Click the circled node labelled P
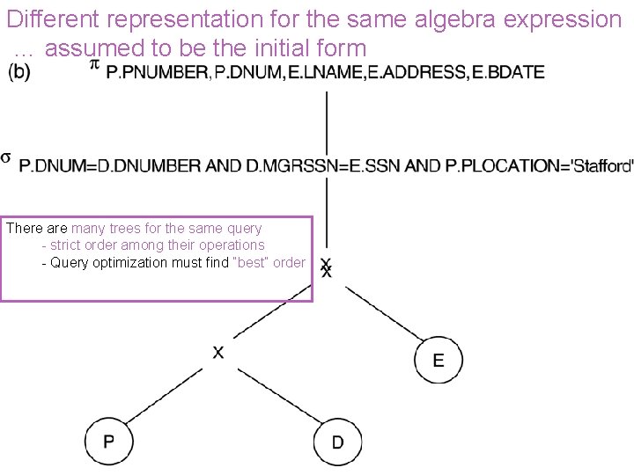(x=109, y=441)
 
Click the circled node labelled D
(x=337, y=441)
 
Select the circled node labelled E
(x=438, y=360)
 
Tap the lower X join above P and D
(x=218, y=352)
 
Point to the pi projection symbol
(x=95, y=65)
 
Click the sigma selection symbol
(x=6, y=157)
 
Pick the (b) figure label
(x=18, y=72)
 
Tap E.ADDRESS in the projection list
(x=417, y=72)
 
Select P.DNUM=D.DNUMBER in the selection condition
(x=96, y=165)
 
